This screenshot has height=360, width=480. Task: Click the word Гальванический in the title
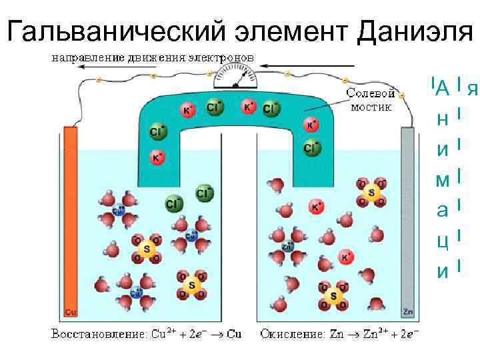tap(116, 30)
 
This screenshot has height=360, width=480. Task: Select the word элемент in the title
tap(291, 30)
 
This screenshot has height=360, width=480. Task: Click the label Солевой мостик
tap(371, 100)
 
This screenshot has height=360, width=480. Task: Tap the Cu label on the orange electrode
tap(70, 311)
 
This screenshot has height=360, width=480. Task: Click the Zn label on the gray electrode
tap(407, 311)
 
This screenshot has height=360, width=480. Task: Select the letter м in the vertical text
tap(442, 179)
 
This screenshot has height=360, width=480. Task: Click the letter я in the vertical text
tap(473, 87)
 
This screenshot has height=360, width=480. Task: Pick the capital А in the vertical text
tap(442, 87)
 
